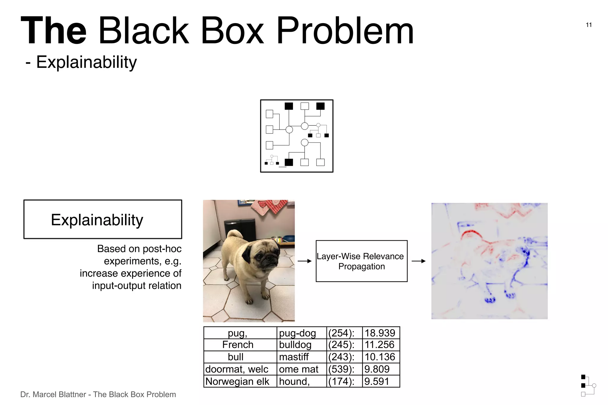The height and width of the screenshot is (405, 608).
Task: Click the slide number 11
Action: (589, 25)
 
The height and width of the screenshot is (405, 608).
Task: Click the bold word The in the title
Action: (54, 31)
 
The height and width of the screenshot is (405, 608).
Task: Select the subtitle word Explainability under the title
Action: (86, 62)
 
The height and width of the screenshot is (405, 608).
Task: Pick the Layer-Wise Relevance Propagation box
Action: (361, 261)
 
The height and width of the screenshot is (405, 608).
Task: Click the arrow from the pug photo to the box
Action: (305, 261)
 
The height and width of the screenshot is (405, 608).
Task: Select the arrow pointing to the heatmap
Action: (419, 261)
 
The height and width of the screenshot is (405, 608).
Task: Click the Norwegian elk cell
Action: (237, 381)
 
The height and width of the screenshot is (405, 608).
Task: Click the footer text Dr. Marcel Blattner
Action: (53, 395)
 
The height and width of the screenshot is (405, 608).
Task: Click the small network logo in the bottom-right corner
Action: (588, 385)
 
